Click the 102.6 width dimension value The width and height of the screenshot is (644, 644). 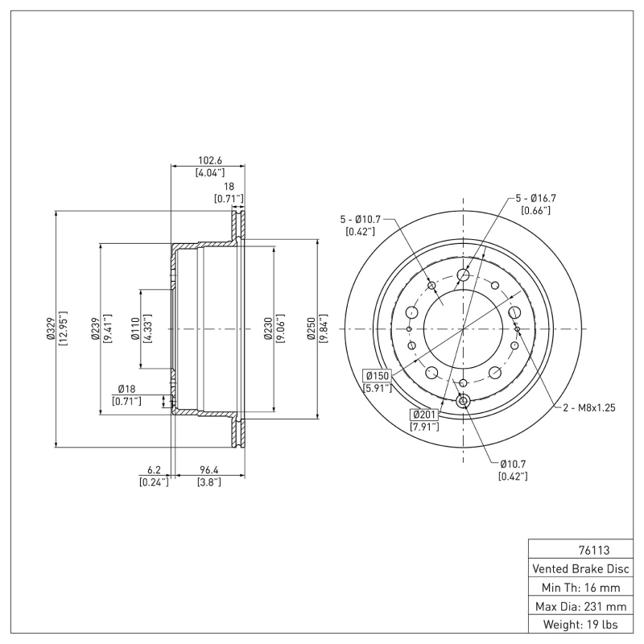point(208,159)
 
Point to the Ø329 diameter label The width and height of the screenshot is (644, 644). point(50,328)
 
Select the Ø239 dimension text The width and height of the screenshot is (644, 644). point(95,328)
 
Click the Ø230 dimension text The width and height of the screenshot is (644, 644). point(267,328)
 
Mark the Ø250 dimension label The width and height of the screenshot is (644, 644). point(311,328)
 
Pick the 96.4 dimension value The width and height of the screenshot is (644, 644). point(208,469)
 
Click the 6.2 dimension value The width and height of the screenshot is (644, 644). point(155,469)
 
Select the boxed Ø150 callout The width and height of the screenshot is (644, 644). point(377,376)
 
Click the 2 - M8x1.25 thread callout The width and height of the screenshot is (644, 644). point(588,408)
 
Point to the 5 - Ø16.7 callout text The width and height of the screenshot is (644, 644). point(536,197)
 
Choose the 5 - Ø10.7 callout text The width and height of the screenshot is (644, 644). point(360,219)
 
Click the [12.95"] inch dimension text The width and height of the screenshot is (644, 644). point(63,328)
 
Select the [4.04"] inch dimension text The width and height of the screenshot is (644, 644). point(208,172)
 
